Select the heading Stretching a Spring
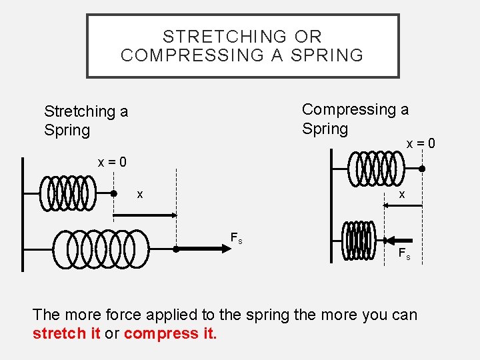(x=85, y=120)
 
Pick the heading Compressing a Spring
(x=355, y=119)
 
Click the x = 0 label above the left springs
(x=112, y=162)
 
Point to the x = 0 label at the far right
(x=421, y=143)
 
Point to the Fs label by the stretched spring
(x=236, y=237)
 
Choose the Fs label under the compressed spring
(x=404, y=253)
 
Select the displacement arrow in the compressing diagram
(x=404, y=207)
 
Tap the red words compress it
(x=170, y=333)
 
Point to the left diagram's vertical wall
(x=22, y=214)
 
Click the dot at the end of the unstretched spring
(x=114, y=194)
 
